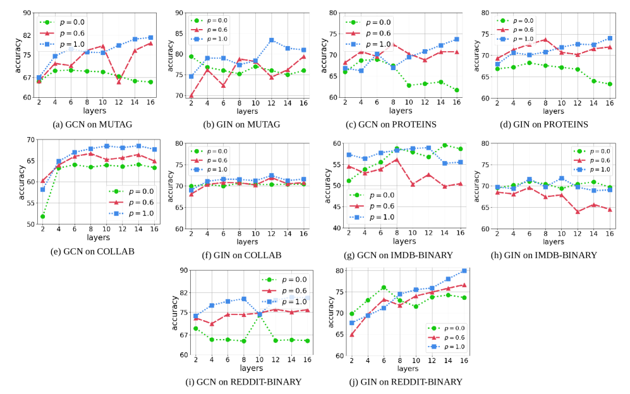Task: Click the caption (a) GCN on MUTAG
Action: [94, 124]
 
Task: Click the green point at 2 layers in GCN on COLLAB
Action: [42, 217]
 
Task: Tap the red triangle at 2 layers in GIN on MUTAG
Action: [191, 96]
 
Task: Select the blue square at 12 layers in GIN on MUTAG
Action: [271, 40]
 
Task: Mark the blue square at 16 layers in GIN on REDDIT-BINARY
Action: [464, 271]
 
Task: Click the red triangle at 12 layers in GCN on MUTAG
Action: [119, 82]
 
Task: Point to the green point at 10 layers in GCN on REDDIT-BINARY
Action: [259, 314]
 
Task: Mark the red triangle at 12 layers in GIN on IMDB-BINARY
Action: [578, 211]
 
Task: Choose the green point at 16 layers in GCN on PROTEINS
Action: [456, 90]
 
